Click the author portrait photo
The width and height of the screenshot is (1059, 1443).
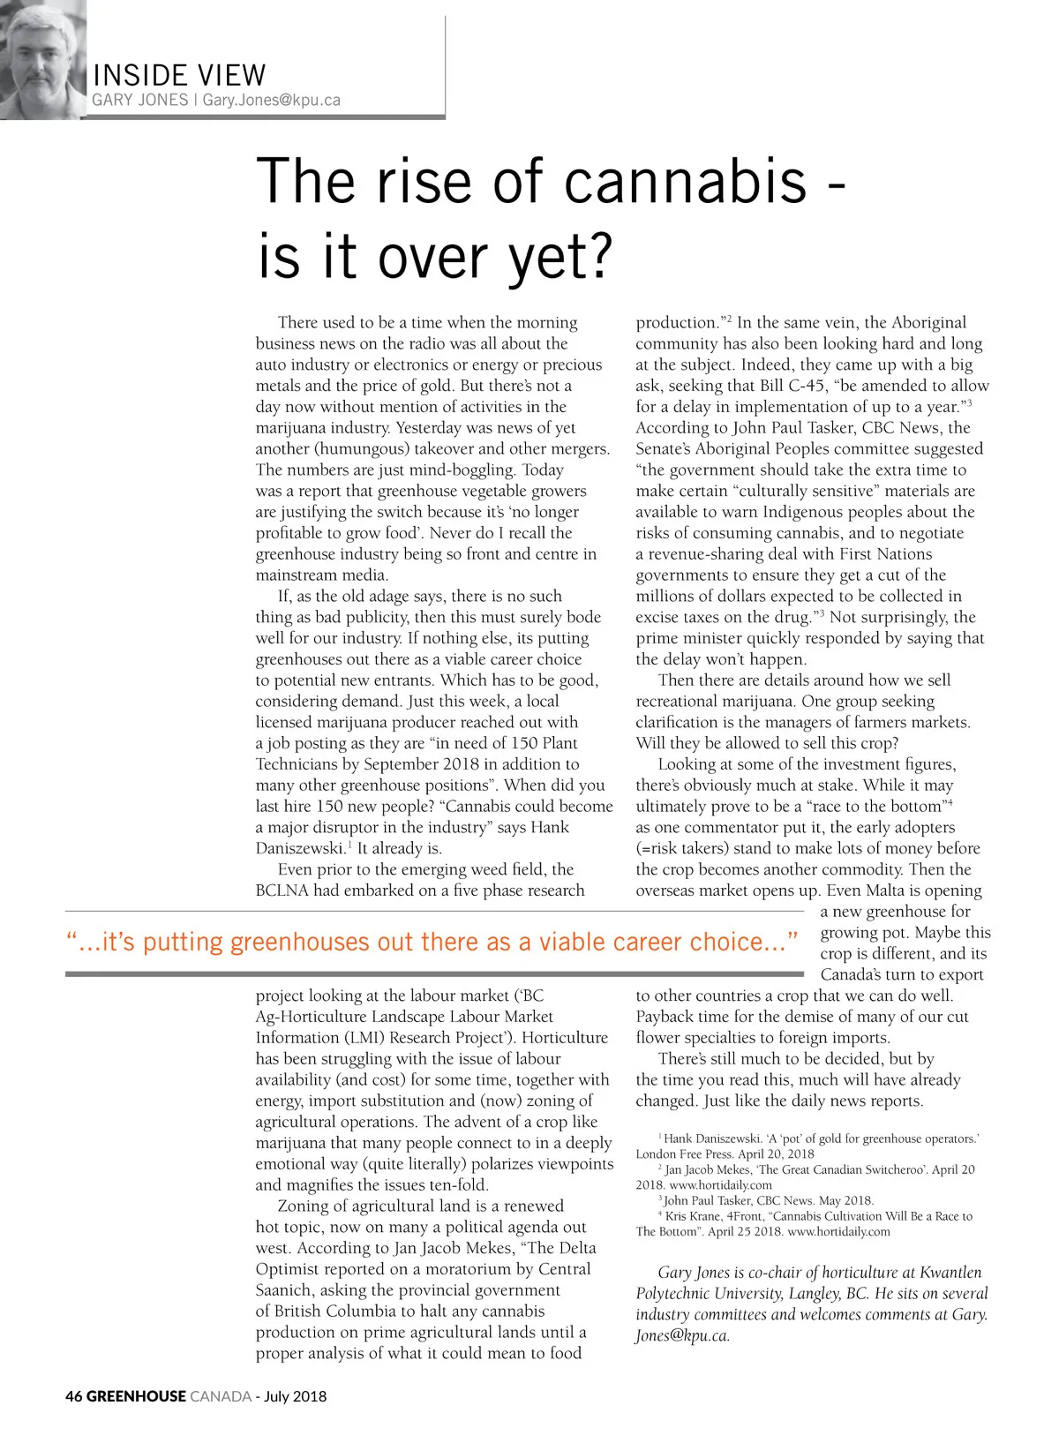pyautogui.click(x=42, y=59)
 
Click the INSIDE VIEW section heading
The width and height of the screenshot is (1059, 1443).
pyautogui.click(x=179, y=75)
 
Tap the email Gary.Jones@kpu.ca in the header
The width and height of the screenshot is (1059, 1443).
pyautogui.click(x=271, y=100)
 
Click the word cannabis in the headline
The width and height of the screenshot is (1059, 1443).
pyautogui.click(x=686, y=182)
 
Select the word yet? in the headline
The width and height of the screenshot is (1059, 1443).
pyautogui.click(x=560, y=257)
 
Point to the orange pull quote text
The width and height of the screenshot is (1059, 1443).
pyautogui.click(x=432, y=942)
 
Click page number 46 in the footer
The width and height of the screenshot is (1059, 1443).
pyautogui.click(x=73, y=1396)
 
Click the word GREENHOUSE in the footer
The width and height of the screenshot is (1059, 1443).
pyautogui.click(x=137, y=1396)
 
